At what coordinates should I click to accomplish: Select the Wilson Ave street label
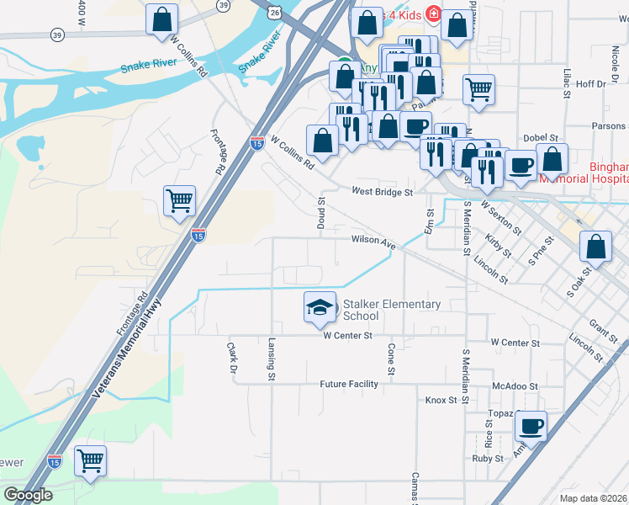pyautogui.click(x=373, y=241)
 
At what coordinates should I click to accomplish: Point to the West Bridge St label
pyautogui.click(x=383, y=192)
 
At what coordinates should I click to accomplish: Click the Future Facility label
pyautogui.click(x=349, y=384)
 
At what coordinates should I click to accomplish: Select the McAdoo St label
pyautogui.click(x=515, y=385)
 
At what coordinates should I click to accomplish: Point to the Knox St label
pyautogui.click(x=441, y=400)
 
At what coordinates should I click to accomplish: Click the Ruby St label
pyautogui.click(x=487, y=459)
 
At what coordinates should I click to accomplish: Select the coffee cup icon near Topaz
pyautogui.click(x=531, y=426)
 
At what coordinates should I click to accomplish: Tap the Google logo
pyautogui.click(x=28, y=495)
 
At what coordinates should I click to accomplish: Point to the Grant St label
pyautogui.click(x=599, y=324)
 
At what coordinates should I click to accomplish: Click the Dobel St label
pyautogui.click(x=542, y=137)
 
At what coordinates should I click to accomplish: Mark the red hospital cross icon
pyautogui.click(x=433, y=13)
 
